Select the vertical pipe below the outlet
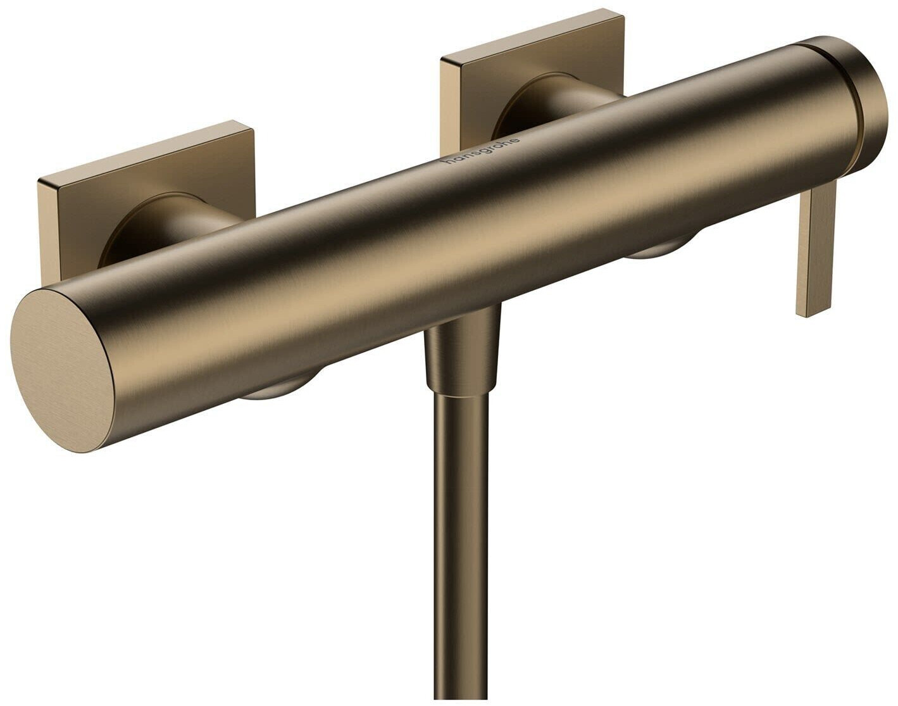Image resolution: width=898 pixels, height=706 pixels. pos(460,538)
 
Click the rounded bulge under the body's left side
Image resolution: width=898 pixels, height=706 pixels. pos(278,389)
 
